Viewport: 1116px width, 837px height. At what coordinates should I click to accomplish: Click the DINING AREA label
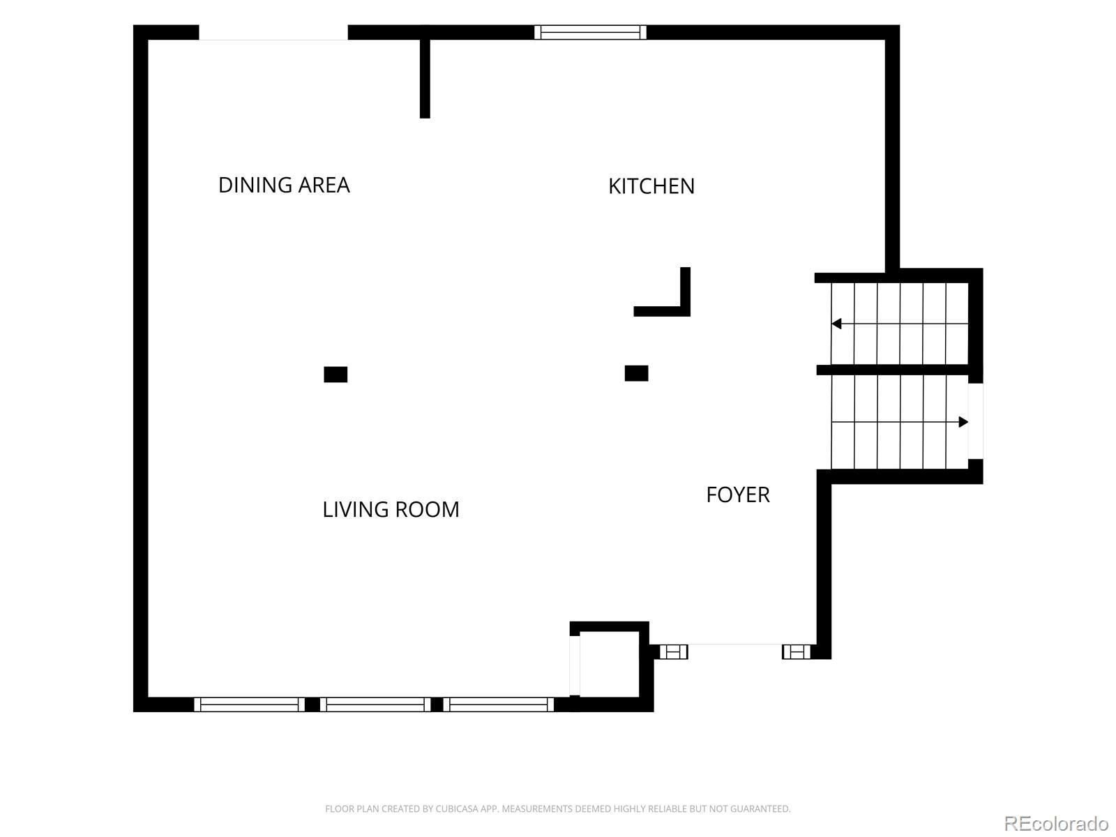(284, 185)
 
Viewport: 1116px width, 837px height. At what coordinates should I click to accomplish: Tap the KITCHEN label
(651, 186)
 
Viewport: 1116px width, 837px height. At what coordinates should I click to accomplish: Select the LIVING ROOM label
(391, 509)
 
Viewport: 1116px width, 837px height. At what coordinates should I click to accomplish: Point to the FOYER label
(738, 495)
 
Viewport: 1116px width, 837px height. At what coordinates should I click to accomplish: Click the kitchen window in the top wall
(590, 32)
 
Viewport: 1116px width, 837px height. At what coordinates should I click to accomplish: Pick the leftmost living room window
(249, 704)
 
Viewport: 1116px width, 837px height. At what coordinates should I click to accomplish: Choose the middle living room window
(375, 704)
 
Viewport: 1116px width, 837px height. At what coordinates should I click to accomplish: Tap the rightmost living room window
(498, 704)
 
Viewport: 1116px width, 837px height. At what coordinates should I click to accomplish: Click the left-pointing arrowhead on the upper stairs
(836, 324)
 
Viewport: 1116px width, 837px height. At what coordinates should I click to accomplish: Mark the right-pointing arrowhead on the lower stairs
(963, 422)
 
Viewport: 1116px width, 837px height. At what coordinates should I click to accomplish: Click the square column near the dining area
(335, 375)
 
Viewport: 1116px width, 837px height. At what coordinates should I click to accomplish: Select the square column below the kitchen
(637, 374)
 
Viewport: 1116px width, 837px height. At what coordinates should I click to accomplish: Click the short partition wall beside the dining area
(425, 79)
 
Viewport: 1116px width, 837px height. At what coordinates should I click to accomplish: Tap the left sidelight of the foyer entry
(674, 651)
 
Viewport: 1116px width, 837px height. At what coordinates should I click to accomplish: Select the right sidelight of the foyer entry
(797, 651)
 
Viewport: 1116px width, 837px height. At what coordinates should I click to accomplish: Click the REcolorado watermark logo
(1057, 823)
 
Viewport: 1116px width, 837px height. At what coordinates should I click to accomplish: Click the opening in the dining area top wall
(273, 33)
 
